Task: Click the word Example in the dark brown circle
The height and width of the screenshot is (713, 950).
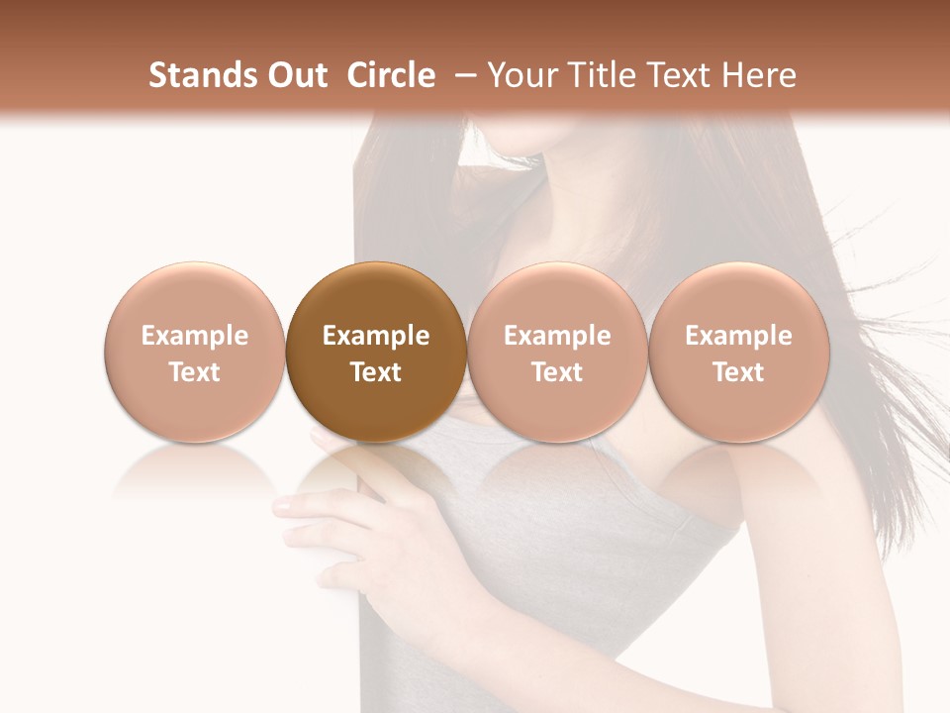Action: click(x=376, y=336)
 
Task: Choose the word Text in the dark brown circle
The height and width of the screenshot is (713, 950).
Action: click(x=376, y=372)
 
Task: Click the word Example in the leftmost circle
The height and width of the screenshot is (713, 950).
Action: click(x=195, y=336)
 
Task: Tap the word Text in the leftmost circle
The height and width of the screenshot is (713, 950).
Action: click(x=195, y=372)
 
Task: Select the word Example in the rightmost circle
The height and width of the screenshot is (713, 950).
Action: click(x=738, y=336)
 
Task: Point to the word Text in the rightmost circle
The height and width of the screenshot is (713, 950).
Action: click(x=738, y=372)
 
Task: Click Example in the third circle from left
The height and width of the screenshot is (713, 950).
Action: click(x=557, y=336)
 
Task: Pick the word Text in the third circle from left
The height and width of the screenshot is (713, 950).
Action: click(x=557, y=372)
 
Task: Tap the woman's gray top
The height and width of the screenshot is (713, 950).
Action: click(x=594, y=555)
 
